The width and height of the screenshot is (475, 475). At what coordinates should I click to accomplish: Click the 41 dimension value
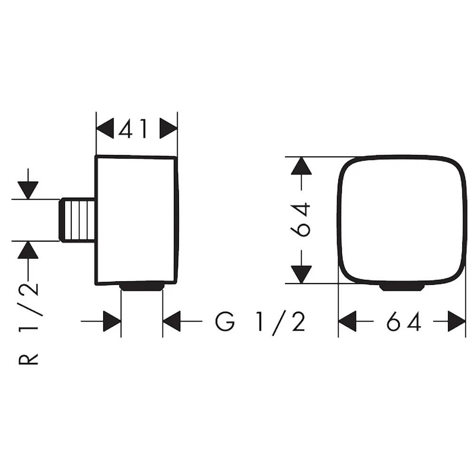133,128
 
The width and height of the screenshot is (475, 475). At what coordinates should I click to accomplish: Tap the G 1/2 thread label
260,322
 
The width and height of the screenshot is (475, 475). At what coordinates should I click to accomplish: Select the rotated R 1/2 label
28,324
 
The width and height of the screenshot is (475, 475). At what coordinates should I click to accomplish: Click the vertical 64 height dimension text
301,219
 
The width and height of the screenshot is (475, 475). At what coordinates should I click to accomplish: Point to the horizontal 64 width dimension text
404,322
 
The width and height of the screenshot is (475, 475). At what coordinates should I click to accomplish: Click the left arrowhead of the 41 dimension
105,128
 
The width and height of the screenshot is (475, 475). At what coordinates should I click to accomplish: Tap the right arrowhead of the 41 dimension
169,128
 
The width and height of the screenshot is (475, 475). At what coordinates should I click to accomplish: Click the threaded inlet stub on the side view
77,220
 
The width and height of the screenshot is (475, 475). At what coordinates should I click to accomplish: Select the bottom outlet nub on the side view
142,286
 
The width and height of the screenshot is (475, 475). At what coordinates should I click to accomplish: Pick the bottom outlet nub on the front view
402,287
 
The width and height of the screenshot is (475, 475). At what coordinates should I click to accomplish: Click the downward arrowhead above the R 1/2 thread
28,190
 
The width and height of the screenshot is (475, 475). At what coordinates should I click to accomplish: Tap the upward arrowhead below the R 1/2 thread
28,250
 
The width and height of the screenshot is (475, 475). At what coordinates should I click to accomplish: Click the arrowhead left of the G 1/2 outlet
112,321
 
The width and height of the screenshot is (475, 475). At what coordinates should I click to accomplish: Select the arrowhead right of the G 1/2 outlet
171,321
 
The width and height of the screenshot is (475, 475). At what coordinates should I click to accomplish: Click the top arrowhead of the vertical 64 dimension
301,166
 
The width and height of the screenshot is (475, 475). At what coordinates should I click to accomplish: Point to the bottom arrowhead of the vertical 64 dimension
301,275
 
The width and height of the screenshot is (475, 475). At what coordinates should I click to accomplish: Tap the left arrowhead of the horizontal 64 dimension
347,321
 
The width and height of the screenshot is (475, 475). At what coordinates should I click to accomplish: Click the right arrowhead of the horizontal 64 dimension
457,321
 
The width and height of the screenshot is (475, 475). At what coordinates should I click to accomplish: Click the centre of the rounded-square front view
402,219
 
